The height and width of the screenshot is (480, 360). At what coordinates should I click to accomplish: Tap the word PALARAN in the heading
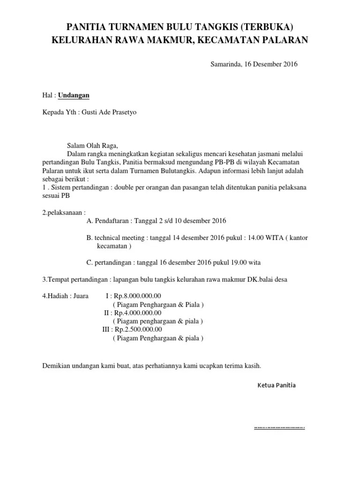click(x=285, y=40)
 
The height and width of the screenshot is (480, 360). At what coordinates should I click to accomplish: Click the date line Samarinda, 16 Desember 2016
click(x=253, y=64)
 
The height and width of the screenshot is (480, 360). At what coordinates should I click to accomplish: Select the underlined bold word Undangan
click(x=74, y=95)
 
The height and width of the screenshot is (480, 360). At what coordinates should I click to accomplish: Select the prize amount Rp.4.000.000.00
click(x=138, y=313)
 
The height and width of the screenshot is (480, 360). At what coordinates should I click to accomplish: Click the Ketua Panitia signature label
click(x=277, y=385)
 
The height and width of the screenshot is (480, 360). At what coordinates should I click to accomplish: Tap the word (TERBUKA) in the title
click(x=269, y=27)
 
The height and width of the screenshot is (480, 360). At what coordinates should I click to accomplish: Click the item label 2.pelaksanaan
click(x=64, y=212)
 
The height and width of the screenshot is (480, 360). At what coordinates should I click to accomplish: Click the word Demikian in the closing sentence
click(x=56, y=365)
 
